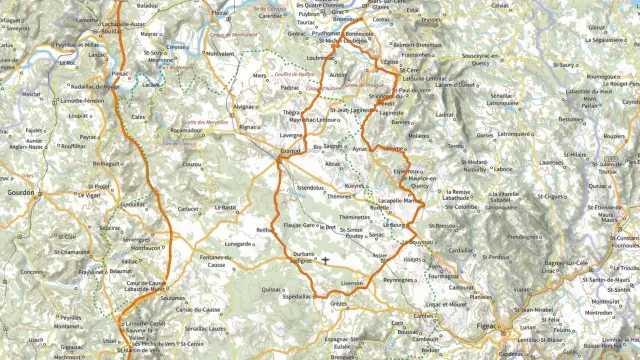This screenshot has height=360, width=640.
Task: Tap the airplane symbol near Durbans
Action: pos(325,260)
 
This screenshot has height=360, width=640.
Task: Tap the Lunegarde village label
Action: pos(238,243)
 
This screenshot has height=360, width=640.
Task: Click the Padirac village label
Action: pos(290,87)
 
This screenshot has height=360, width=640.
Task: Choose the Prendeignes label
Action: pos(523,237)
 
